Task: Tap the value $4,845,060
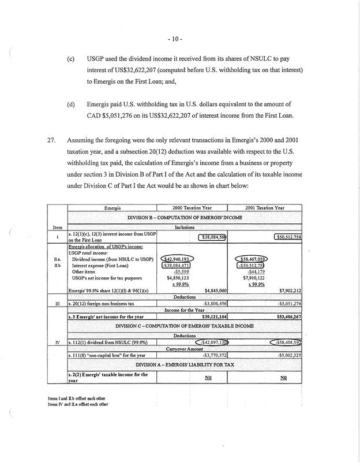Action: click(x=213, y=290)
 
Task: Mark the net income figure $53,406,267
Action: click(x=285, y=316)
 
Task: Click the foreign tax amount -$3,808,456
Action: click(x=212, y=303)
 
